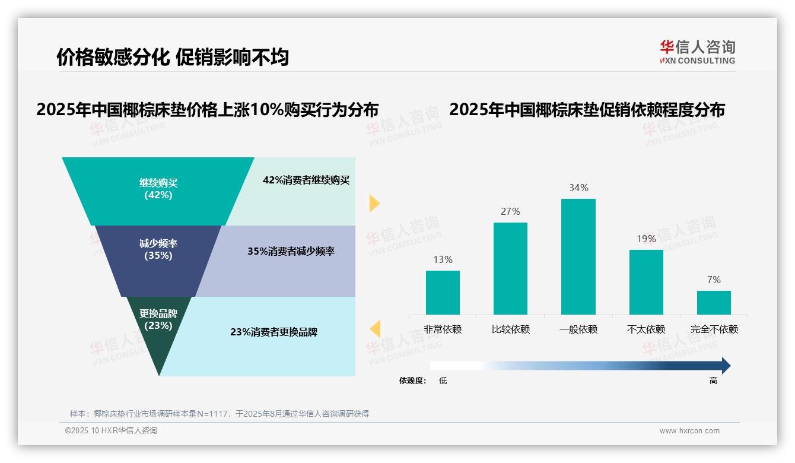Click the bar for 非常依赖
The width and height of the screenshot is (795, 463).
[x=443, y=292]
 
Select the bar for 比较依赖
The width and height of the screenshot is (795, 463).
[x=510, y=268]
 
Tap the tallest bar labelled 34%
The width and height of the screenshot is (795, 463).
[x=578, y=256]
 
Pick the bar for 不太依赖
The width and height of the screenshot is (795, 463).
[x=646, y=282]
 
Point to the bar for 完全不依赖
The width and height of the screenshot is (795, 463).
[x=714, y=302]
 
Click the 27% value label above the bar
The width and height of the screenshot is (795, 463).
[x=510, y=211]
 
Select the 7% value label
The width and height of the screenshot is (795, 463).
[x=714, y=280]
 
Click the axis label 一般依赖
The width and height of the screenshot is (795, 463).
[x=578, y=329]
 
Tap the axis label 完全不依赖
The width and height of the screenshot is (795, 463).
[x=714, y=329]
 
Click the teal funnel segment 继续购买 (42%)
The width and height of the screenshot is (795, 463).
[x=158, y=190]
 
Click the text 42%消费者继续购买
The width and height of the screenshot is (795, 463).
[x=306, y=180]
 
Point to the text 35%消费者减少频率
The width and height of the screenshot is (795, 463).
[x=291, y=251]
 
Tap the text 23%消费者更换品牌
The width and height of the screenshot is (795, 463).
[x=274, y=332]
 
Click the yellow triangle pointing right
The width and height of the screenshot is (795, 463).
[x=374, y=203]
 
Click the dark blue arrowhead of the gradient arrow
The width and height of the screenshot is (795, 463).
[x=725, y=366]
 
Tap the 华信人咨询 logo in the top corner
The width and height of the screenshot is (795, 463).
[x=697, y=52]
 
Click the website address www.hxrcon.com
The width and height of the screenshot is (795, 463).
[x=689, y=431]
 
